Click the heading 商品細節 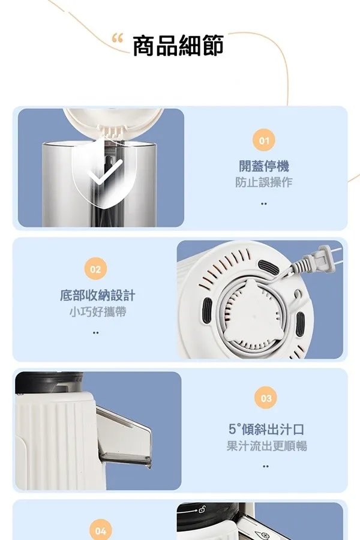pyautogui.click(x=178, y=46)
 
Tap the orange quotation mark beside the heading pyautogui.click(x=118, y=38)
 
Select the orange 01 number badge pyautogui.click(x=264, y=140)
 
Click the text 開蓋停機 pyautogui.click(x=264, y=166)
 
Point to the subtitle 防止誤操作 pyautogui.click(x=264, y=182)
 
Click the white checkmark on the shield pyautogui.click(x=105, y=172)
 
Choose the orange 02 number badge pyautogui.click(x=95, y=269)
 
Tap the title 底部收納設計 pyautogui.click(x=97, y=295)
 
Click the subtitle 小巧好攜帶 pyautogui.click(x=97, y=311)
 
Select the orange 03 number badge pyautogui.click(x=266, y=398)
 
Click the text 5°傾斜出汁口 pyautogui.click(x=266, y=429)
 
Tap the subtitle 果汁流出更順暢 pyautogui.click(x=266, y=446)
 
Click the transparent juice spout pyautogui.click(x=124, y=437)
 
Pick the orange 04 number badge pyautogui.click(x=100, y=531)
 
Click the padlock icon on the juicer pyautogui.click(x=202, y=508)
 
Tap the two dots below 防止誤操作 pyautogui.click(x=264, y=204)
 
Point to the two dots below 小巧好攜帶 pyautogui.click(x=96, y=332)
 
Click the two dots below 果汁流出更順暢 pyautogui.click(x=265, y=466)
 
